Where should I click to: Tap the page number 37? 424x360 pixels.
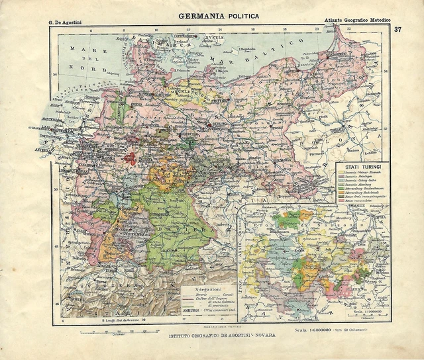tap(397, 29)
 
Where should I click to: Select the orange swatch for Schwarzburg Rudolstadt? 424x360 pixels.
tap(341, 191)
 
